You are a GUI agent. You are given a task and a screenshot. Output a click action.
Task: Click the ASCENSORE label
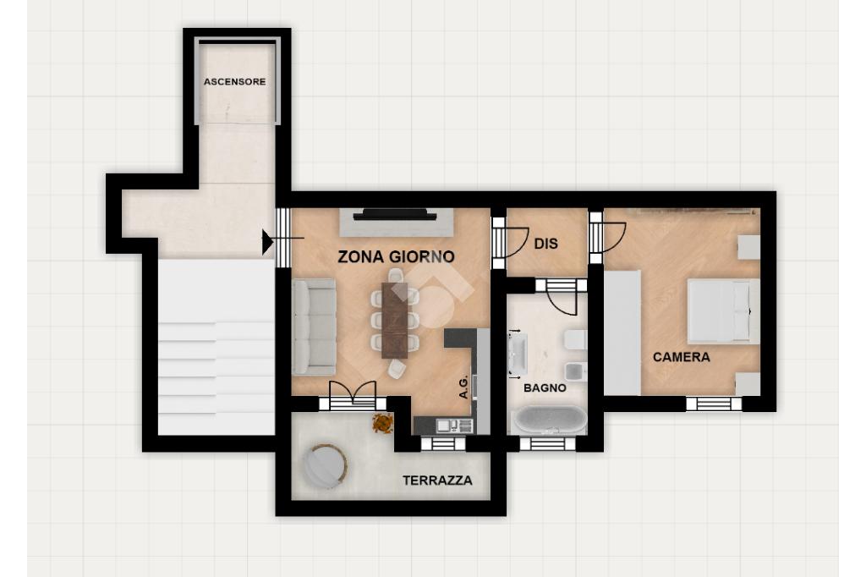point(235,82)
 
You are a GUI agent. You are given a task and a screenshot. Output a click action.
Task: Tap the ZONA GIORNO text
point(396,257)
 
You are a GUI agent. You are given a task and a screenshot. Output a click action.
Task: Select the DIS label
point(545,244)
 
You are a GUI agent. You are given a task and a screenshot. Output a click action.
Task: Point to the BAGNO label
point(545,388)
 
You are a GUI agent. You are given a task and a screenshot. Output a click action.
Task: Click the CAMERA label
point(681,357)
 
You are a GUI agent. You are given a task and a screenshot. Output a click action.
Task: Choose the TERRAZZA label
point(437,481)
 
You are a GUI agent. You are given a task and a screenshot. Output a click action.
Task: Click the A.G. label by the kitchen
point(464,387)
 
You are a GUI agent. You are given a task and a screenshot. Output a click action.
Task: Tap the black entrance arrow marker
point(267,242)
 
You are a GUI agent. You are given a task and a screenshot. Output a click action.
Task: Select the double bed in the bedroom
point(724,311)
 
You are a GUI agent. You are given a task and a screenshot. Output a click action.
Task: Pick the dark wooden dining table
point(395,320)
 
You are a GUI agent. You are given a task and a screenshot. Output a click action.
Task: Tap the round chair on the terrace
point(326,465)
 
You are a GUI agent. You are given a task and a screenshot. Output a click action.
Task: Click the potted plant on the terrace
point(382,423)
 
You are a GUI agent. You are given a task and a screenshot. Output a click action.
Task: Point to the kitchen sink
point(454,426)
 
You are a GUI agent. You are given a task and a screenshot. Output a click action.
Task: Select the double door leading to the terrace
point(353,396)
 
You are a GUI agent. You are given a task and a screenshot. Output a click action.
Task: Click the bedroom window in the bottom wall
point(714,404)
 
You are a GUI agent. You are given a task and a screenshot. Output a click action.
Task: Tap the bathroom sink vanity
point(518,354)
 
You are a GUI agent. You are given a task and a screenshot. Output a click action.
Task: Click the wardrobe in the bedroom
point(622,332)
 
